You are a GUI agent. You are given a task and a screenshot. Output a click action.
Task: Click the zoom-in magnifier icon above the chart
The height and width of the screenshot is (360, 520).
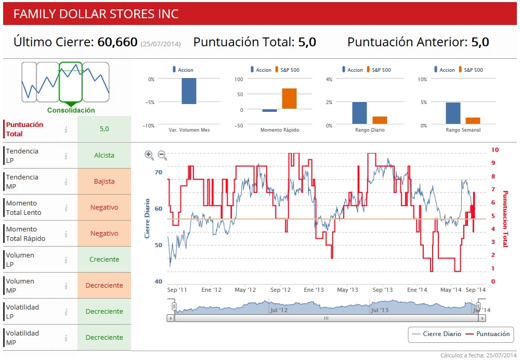(x=149, y=155)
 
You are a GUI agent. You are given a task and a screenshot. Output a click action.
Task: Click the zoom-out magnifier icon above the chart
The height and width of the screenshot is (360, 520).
(x=162, y=155)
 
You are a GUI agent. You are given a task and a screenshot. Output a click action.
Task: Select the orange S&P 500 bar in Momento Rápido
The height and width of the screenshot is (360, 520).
(x=290, y=98)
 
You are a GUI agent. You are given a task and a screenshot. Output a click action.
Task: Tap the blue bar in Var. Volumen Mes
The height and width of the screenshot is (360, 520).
(x=189, y=91)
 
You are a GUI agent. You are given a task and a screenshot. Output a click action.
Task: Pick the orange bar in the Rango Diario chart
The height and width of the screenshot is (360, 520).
(x=380, y=120)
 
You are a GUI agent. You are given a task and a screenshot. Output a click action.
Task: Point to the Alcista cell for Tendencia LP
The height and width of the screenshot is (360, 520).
(x=104, y=156)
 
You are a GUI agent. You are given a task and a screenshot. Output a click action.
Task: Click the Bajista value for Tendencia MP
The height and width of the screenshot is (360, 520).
(x=104, y=182)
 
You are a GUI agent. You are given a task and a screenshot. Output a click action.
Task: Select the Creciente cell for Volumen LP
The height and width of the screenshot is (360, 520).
(x=104, y=260)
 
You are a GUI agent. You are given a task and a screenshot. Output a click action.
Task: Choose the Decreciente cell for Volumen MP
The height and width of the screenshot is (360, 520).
(x=104, y=286)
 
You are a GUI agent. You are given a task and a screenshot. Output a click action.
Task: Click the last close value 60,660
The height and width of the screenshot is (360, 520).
(x=118, y=42)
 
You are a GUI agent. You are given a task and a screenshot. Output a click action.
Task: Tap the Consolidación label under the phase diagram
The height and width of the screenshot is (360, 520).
(x=71, y=110)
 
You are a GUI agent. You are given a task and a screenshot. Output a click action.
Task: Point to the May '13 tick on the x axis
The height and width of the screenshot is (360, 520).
(x=347, y=290)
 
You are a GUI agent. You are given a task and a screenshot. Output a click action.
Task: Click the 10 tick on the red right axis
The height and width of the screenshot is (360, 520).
(x=495, y=150)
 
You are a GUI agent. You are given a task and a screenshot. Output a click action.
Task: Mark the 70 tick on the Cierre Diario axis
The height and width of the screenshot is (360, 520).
(x=159, y=172)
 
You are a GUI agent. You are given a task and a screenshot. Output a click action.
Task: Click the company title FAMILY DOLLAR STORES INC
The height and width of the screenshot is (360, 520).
(x=96, y=14)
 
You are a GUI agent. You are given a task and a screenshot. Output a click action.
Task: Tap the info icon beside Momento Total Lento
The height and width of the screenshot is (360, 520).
(x=66, y=208)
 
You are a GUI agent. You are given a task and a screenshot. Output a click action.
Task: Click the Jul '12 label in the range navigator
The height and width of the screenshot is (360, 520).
(x=279, y=310)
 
